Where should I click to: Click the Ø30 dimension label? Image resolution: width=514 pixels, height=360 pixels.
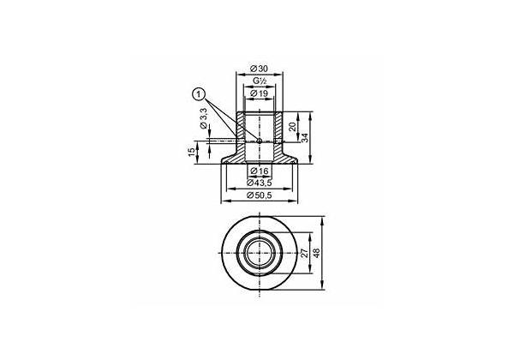click(x=259, y=69)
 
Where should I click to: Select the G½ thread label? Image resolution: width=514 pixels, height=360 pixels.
click(x=259, y=81)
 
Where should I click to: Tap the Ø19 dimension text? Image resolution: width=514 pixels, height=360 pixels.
click(x=259, y=93)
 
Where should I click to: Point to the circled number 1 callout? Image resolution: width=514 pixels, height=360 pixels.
click(x=199, y=95)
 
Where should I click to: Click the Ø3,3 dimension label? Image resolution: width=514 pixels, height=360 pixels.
click(x=204, y=117)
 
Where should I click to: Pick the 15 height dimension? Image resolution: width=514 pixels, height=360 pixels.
click(x=192, y=152)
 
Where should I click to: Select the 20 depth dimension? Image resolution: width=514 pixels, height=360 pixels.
click(x=293, y=126)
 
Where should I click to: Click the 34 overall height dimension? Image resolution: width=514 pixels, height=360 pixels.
click(x=305, y=138)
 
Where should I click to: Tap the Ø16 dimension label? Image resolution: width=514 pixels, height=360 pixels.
click(x=259, y=171)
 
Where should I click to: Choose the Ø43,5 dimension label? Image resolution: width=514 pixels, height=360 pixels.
click(x=260, y=183)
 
